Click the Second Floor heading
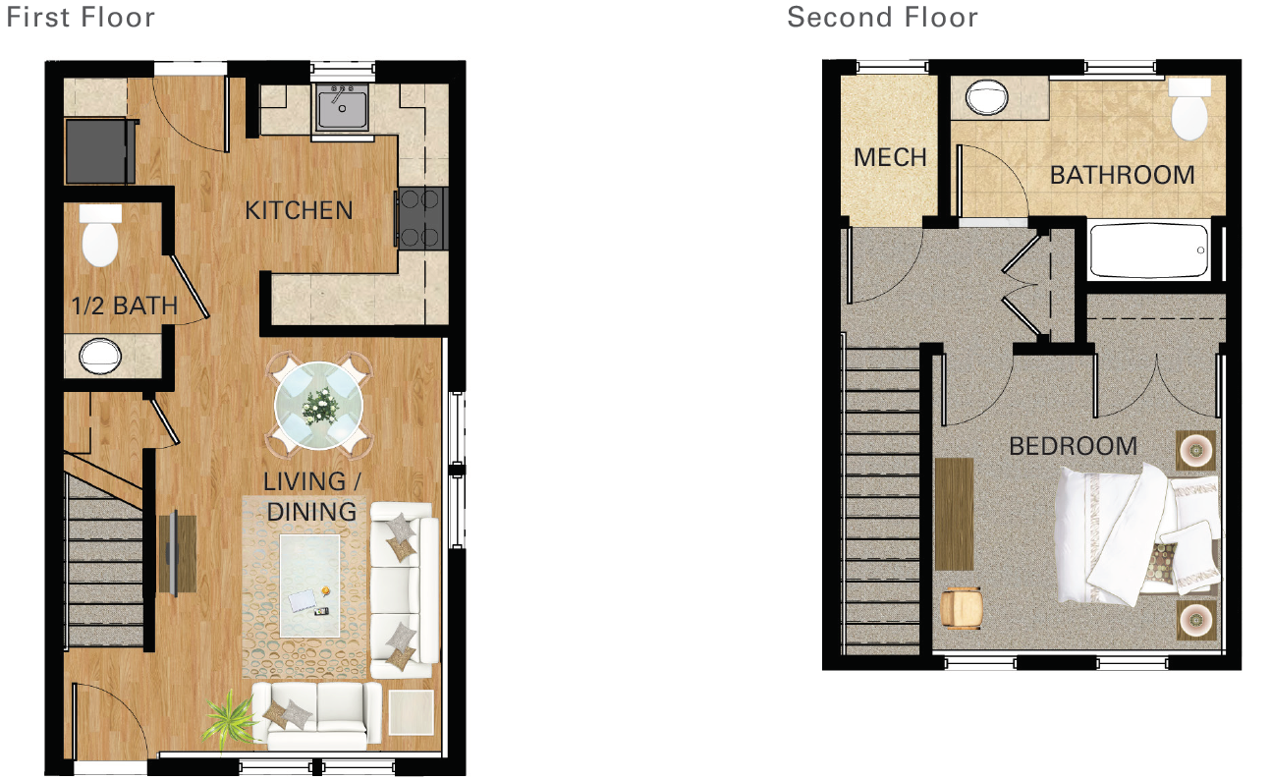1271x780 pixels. click(x=882, y=17)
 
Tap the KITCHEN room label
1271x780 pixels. click(x=299, y=210)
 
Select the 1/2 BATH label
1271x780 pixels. click(x=124, y=306)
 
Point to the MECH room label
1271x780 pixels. click(x=890, y=157)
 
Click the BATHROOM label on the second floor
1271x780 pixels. click(x=1122, y=175)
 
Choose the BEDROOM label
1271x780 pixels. click(x=1073, y=446)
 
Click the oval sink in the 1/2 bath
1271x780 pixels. click(x=98, y=355)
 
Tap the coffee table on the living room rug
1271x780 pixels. click(x=309, y=574)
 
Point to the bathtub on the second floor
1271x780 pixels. click(x=1148, y=252)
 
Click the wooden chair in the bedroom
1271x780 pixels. click(x=962, y=607)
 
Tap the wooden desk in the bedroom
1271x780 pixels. click(x=954, y=514)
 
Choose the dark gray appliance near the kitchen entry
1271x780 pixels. click(x=98, y=150)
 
